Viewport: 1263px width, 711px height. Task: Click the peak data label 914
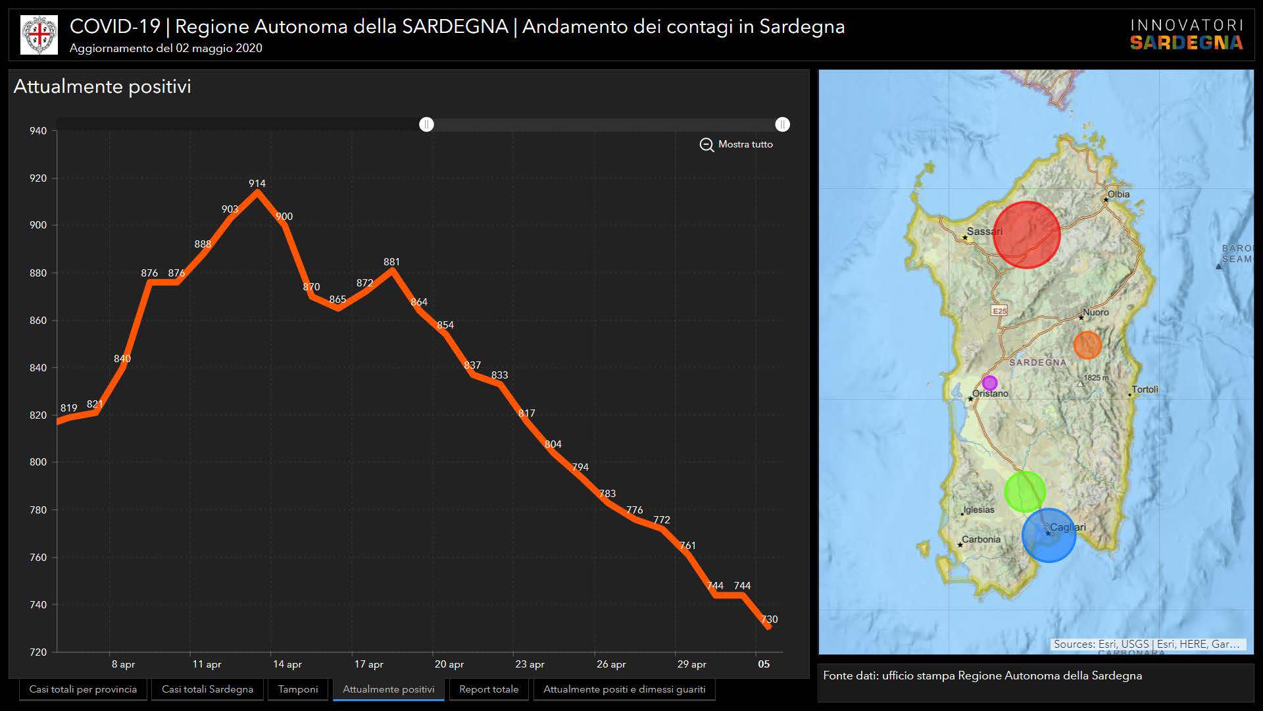pos(257,184)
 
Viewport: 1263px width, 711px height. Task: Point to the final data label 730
pos(769,619)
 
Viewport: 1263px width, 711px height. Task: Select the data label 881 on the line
pos(391,262)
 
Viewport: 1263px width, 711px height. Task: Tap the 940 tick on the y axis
pos(38,131)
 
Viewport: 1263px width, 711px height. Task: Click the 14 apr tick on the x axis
pos(287,664)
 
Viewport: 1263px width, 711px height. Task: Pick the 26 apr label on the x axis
pos(611,664)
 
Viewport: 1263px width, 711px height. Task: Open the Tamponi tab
pos(298,689)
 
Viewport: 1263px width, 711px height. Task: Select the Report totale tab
pos(489,689)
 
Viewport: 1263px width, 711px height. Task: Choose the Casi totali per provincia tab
pos(83,689)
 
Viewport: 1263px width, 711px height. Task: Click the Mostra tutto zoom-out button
pos(737,144)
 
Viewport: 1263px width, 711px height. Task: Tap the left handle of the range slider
pos(427,124)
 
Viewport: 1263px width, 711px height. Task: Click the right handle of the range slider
pos(782,124)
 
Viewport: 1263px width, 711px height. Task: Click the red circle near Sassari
pos(1026,235)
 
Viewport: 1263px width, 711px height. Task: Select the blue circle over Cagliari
pos(1049,535)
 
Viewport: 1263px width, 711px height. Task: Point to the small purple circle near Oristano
pos(989,383)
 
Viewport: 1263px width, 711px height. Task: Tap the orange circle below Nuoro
pos(1087,345)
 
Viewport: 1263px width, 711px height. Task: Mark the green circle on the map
pos(1025,492)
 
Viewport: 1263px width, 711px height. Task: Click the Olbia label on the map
pos(1118,194)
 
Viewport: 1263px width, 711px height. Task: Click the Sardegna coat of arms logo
pos(39,35)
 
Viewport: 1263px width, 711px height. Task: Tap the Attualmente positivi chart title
pos(103,87)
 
